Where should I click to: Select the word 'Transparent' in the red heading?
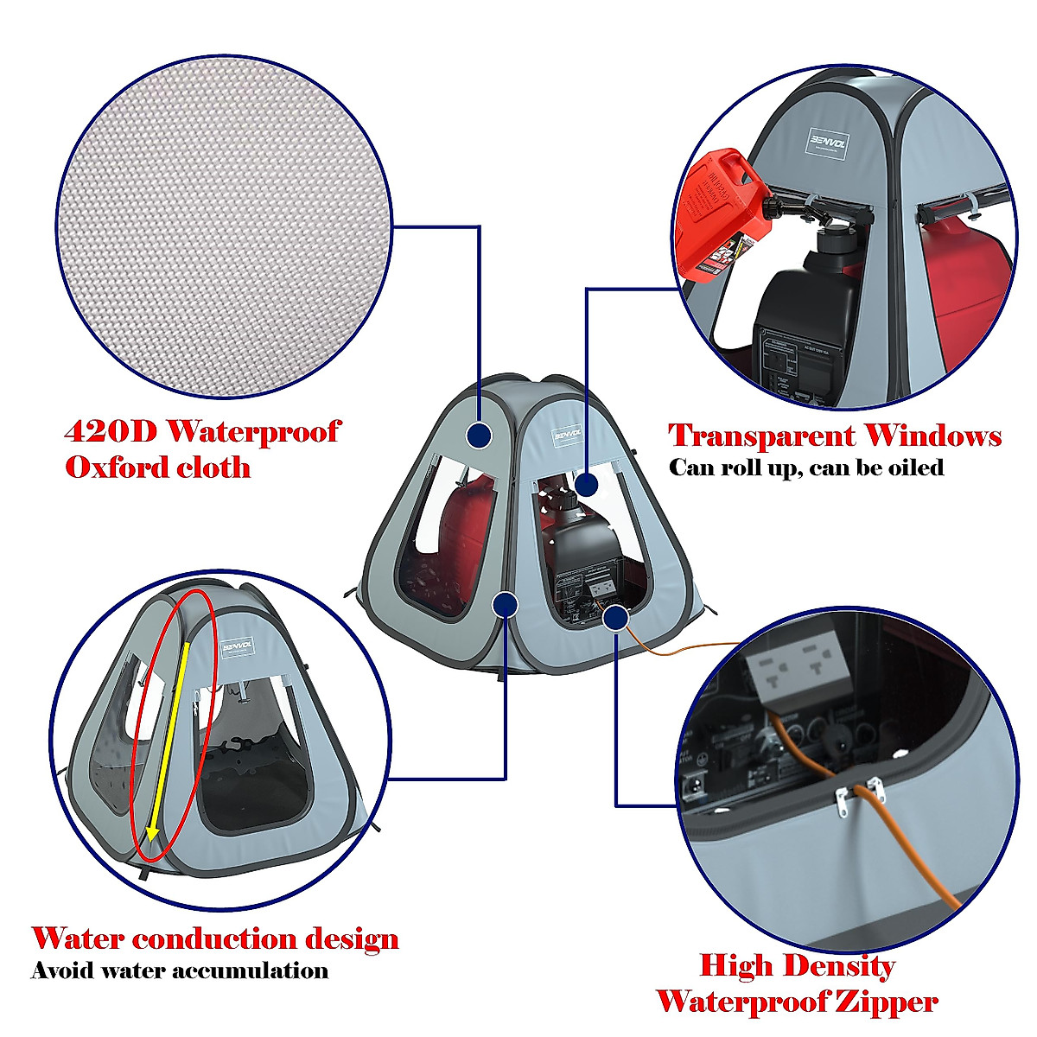click(x=760, y=436)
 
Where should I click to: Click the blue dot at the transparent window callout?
click(x=586, y=484)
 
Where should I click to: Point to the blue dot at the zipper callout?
click(x=615, y=617)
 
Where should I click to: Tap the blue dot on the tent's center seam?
click(x=505, y=602)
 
